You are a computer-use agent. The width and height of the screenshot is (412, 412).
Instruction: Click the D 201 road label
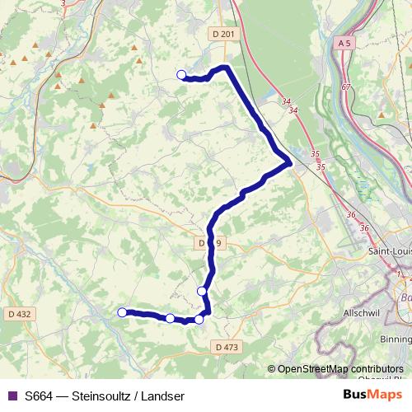point(222,33)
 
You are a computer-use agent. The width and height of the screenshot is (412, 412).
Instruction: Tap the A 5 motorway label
point(344,40)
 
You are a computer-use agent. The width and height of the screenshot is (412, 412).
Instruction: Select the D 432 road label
point(18,313)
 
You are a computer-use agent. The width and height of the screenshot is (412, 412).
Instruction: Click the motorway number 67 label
point(346,87)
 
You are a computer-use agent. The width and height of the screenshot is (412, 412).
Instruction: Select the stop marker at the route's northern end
point(182,75)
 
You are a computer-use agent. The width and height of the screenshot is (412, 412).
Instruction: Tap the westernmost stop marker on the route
point(122,312)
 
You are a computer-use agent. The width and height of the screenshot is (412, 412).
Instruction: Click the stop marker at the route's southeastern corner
point(199,319)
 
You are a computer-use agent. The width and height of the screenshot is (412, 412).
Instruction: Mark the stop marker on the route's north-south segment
point(202,291)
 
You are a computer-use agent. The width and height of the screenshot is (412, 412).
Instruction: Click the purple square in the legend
point(12,396)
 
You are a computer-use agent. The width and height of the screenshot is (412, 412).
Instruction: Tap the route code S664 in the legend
point(39,396)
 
